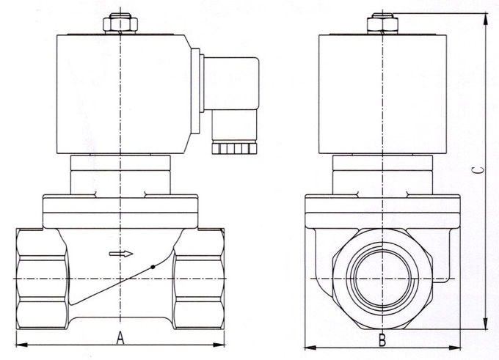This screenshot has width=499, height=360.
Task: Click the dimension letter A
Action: pyautogui.click(x=119, y=338)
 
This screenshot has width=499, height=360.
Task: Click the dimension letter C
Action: pyautogui.click(x=478, y=169)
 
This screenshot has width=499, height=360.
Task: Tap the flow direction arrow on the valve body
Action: pyautogui.click(x=122, y=254)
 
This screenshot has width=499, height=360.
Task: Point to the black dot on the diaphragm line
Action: pyautogui.click(x=153, y=267)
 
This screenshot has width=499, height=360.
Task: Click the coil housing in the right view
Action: pyautogui.click(x=382, y=94)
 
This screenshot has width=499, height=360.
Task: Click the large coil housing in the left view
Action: pyautogui.click(x=121, y=94)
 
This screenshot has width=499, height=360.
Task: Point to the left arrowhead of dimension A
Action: pyautogui.click(x=18, y=344)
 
